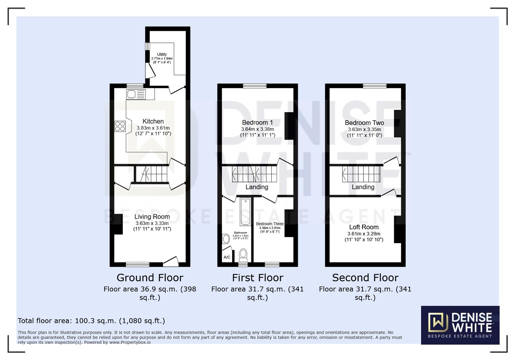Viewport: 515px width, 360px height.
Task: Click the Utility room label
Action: pos(162,54)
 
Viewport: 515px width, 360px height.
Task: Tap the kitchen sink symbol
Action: pos(136,94)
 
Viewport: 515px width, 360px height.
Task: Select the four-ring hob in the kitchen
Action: pos(120,126)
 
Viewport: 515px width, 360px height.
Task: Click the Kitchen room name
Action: pos(153,121)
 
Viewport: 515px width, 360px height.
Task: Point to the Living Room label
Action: pos(152,217)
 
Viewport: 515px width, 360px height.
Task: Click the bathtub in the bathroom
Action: pos(245,212)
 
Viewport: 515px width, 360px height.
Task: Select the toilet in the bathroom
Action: pos(243,255)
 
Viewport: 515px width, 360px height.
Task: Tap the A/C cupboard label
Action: pos(227,257)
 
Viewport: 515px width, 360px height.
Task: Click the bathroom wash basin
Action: pos(226,239)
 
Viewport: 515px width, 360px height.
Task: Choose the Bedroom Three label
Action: pos(270,224)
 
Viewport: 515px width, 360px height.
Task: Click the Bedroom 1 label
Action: pos(257,122)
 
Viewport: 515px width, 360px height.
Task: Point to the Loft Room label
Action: pos(364,227)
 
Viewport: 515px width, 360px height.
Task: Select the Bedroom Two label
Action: pos(364,123)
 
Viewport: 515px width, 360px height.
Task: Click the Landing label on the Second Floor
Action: pos(363,187)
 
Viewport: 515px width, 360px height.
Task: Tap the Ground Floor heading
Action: pos(150,278)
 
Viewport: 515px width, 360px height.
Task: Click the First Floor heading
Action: pos(257,278)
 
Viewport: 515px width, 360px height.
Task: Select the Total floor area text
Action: pos(91,321)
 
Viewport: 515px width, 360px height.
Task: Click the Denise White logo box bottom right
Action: pos(460,325)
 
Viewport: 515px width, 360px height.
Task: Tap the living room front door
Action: pos(171,261)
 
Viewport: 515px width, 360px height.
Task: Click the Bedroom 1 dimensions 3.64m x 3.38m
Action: pos(257,129)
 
